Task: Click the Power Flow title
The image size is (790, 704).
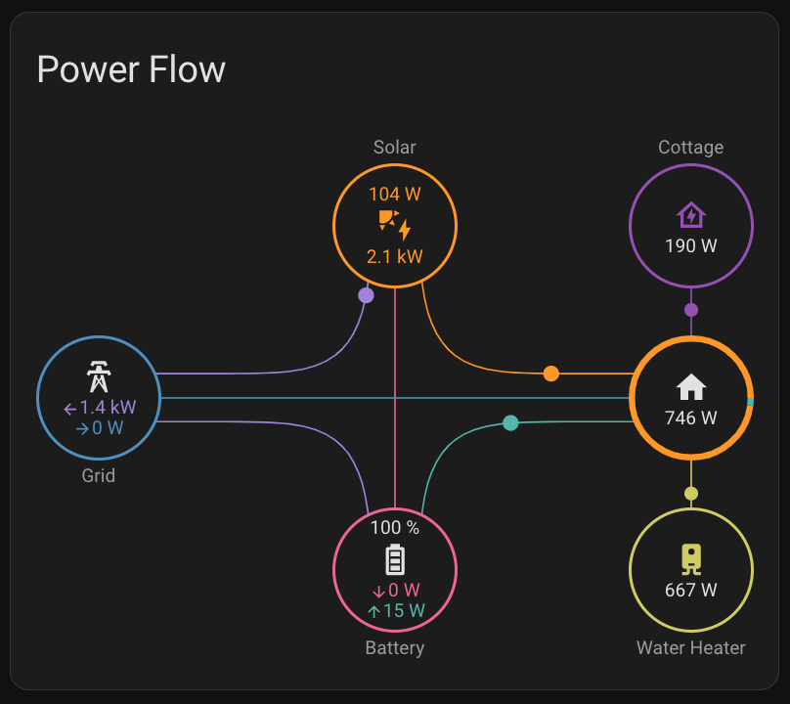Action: [131, 69]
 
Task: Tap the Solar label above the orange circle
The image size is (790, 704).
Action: [394, 148]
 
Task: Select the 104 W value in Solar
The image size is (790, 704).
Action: [394, 194]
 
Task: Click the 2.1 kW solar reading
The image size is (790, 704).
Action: [394, 257]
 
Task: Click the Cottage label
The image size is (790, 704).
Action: [690, 148]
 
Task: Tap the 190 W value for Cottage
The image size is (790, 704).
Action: [690, 245]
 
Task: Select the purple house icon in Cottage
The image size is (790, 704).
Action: [690, 215]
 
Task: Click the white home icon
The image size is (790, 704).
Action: [690, 386]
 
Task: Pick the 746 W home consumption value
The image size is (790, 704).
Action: [690, 418]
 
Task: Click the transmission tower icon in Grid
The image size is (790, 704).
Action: [98, 375]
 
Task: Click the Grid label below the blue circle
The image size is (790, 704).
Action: [98, 476]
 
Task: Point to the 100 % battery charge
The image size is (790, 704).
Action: [394, 528]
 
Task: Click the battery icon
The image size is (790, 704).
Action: [394, 559]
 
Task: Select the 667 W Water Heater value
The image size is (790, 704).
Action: [690, 590]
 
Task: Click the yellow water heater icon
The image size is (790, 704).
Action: [690, 558]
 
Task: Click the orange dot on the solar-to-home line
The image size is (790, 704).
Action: [551, 374]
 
